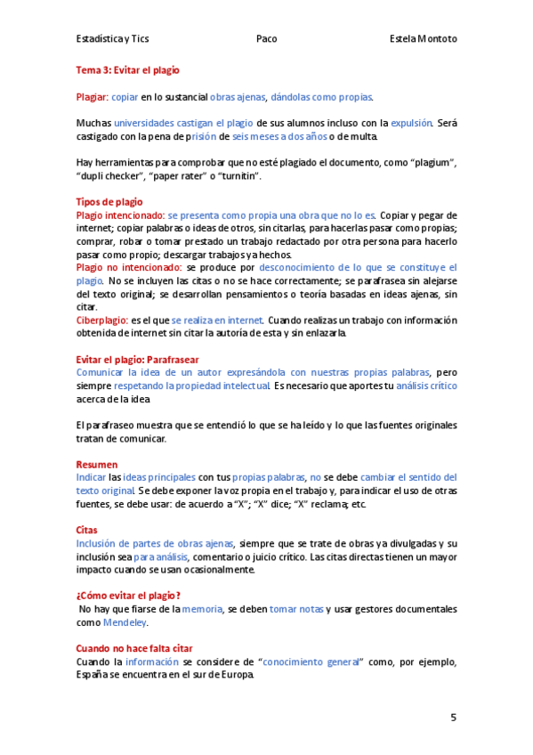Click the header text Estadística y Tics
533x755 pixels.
click(112, 39)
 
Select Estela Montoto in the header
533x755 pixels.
click(424, 39)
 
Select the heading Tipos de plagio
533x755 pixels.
click(109, 202)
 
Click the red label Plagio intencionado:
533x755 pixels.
click(120, 215)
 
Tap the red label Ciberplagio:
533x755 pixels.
click(101, 320)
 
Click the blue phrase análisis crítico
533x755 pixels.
click(426, 386)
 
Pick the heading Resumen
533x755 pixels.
click(96, 465)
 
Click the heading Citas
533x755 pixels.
click(87, 530)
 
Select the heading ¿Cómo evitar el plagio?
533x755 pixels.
click(129, 596)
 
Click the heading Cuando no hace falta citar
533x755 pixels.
click(134, 648)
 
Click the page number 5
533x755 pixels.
click(454, 717)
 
